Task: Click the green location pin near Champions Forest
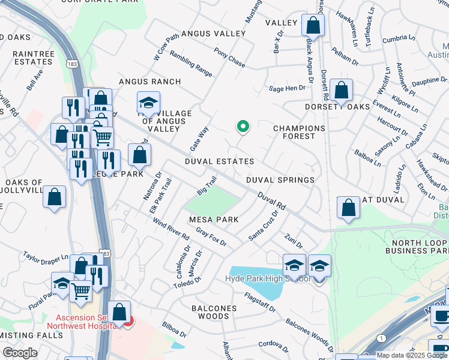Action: [243, 127]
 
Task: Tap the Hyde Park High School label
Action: [267, 279]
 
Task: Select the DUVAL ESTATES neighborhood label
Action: [219, 162]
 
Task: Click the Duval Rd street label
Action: [272, 201]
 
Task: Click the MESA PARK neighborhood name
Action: [214, 220]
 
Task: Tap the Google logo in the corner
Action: [20, 353]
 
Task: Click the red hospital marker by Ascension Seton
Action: [126, 322]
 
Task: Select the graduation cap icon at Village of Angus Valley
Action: [148, 103]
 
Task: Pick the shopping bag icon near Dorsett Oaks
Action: [341, 91]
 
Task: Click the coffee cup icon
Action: [442, 316]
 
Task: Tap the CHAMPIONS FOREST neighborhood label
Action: [299, 132]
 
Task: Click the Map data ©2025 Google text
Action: [411, 355]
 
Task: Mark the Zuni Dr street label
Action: [294, 241]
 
